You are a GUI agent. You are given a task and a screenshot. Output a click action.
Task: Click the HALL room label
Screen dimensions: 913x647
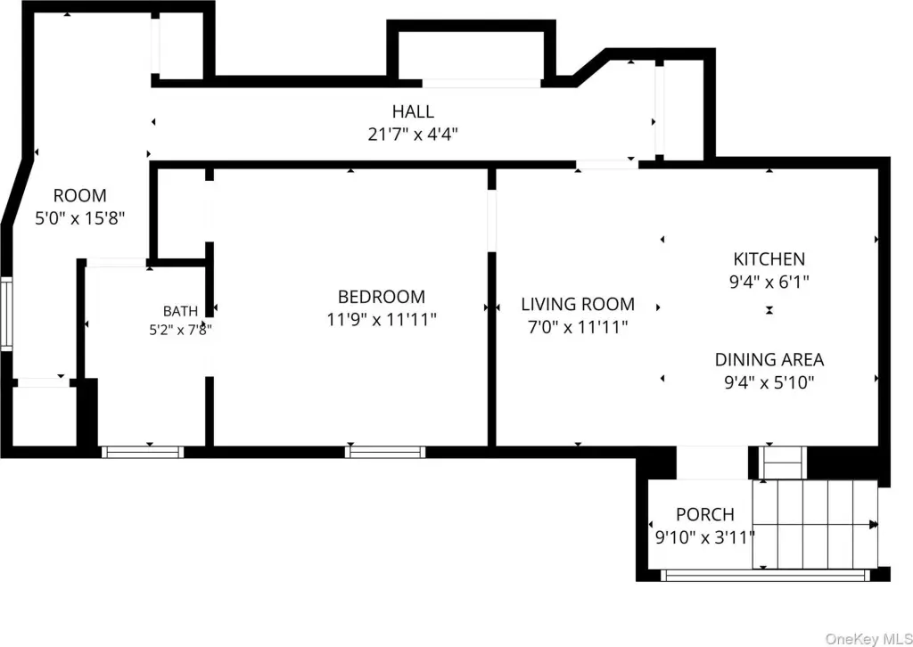point(413,111)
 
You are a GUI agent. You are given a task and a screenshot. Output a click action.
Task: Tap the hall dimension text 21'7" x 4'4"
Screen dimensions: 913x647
point(413,135)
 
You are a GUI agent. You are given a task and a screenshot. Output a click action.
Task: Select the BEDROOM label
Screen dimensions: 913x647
point(382,297)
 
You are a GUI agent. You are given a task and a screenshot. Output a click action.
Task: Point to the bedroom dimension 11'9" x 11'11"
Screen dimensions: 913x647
point(382,319)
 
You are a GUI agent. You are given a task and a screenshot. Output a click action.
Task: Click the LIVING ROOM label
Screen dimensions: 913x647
point(578,304)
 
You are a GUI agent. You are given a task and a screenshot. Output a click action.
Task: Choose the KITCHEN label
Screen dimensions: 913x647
point(769,259)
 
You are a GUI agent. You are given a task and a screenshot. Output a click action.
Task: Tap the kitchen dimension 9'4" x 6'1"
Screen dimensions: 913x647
point(769,283)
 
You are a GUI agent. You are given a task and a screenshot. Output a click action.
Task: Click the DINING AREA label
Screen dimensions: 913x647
point(769,359)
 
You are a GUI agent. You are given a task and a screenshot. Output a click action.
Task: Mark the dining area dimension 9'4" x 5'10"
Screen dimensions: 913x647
point(769,382)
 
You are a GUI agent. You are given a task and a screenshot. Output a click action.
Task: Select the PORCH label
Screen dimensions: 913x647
point(705,514)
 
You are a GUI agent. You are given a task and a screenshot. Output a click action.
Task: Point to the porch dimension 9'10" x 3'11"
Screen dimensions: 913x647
point(705,537)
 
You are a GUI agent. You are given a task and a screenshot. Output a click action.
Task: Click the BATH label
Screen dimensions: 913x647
point(180,311)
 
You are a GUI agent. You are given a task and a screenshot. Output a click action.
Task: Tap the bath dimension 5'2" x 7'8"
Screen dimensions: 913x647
point(180,330)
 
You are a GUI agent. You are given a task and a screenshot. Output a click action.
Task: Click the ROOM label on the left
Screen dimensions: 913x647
point(80,195)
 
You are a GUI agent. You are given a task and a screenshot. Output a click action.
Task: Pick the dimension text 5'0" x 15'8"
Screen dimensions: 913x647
point(80,218)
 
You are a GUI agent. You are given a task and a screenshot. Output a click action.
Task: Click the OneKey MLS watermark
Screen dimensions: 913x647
point(868,639)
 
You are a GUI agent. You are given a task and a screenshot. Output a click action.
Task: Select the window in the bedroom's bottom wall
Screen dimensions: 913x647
point(385,452)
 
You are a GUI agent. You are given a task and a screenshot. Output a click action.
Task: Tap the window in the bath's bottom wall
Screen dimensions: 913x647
point(143,452)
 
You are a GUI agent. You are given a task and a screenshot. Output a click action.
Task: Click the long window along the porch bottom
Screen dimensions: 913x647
point(765,575)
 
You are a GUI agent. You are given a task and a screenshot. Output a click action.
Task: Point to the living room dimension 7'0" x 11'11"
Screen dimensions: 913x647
point(578,327)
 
